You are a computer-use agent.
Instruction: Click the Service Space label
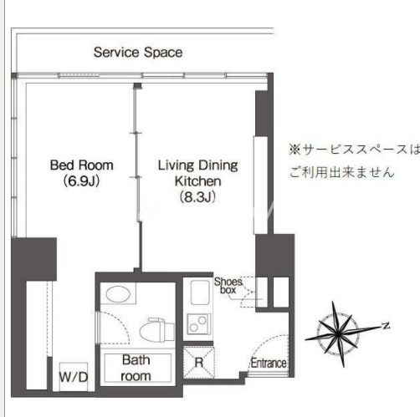138,53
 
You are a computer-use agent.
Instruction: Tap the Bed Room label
81,165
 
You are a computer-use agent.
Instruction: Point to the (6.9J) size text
81,181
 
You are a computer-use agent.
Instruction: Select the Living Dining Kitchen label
198,173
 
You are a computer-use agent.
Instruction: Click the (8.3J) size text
197,197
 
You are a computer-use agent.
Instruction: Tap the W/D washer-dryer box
74,377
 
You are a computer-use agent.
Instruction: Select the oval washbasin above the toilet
118,294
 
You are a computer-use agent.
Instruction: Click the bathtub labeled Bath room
137,368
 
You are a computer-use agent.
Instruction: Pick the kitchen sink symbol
200,292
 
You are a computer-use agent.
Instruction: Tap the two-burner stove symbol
199,323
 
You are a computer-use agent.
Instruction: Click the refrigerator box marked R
199,362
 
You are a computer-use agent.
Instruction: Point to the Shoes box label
228,286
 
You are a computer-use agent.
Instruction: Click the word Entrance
269,363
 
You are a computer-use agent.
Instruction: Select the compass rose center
338,333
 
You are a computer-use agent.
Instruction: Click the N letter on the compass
386,325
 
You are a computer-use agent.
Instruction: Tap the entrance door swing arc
264,345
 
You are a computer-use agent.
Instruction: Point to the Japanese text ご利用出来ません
342,172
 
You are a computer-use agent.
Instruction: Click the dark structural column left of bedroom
33,259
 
